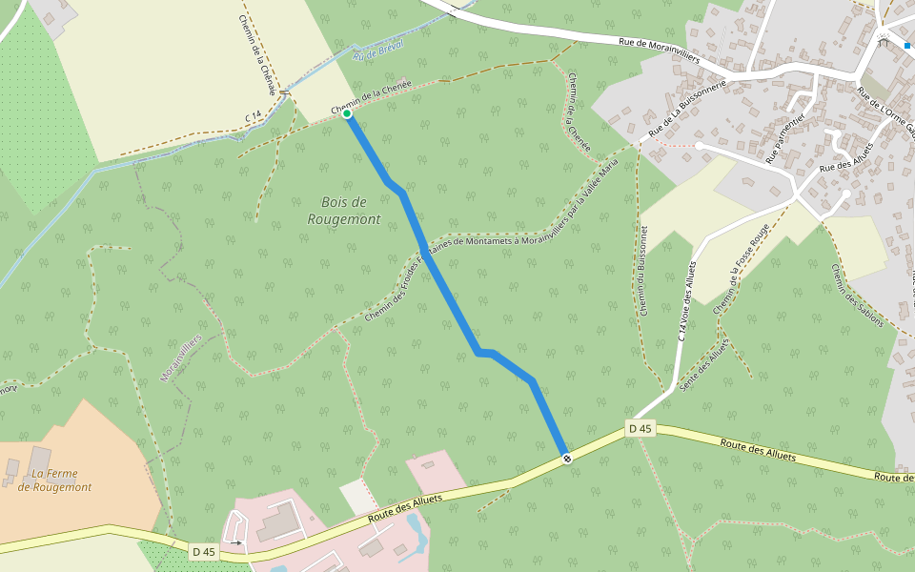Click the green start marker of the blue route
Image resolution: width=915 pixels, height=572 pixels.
(x=348, y=114)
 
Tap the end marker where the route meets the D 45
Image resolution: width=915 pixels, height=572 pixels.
(x=567, y=459)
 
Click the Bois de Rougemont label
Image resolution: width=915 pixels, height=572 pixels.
(x=344, y=211)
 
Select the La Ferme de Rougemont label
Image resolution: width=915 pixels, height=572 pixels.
(x=54, y=480)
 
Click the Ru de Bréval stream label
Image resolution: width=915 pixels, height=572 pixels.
(x=378, y=51)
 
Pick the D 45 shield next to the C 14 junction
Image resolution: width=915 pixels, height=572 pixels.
(x=640, y=429)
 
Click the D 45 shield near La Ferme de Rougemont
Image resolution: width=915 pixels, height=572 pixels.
(x=204, y=551)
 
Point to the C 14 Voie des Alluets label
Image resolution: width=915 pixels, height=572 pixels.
(x=687, y=300)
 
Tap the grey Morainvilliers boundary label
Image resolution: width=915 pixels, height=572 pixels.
(x=181, y=358)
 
